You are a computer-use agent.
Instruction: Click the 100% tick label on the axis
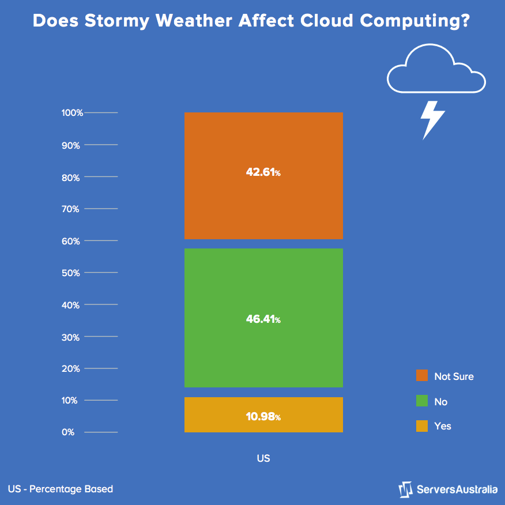[x=72, y=113]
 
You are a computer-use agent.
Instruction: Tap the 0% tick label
[x=68, y=432]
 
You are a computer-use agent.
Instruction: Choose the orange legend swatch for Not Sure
[x=422, y=376]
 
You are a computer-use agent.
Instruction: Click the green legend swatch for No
[x=422, y=401]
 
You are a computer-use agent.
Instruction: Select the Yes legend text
[x=443, y=427]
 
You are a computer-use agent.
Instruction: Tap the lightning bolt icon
[x=432, y=119]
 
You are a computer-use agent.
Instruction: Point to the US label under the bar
[x=263, y=459]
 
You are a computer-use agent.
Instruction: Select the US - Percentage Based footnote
[x=61, y=489]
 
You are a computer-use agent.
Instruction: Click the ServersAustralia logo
[x=448, y=489]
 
